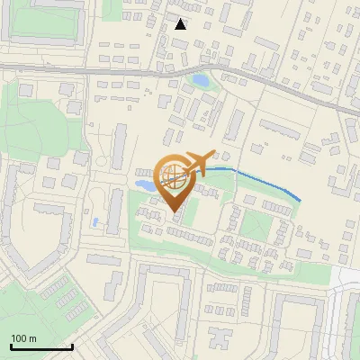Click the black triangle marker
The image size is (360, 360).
click(181, 24)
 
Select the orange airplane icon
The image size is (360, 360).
click(197, 164)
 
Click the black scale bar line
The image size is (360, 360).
click(41, 346)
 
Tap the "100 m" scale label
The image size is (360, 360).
click(24, 338)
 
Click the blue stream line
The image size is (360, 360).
click(261, 180)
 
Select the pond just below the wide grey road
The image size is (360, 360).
click(200, 81)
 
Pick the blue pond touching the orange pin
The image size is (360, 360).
click(145, 185)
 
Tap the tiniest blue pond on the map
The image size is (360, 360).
click(94, 221)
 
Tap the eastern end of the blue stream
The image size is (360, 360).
click(299, 200)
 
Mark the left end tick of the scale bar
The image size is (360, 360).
click(11, 346)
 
